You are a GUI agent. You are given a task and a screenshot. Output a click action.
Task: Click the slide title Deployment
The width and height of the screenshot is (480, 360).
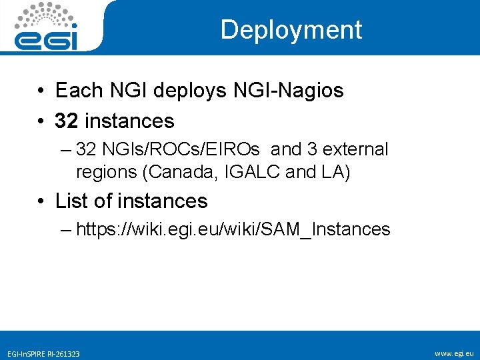(x=291, y=29)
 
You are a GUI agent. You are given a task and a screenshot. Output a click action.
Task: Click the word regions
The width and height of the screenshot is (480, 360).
(x=107, y=171)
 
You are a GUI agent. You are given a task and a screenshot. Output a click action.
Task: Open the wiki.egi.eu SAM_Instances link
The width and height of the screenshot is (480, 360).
(x=233, y=229)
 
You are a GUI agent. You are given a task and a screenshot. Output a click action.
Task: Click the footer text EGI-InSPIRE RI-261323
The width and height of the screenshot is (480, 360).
(x=43, y=353)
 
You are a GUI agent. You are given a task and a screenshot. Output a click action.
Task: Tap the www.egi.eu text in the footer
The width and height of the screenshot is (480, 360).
(x=454, y=353)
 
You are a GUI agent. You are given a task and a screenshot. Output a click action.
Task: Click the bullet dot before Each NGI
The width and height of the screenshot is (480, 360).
(x=41, y=91)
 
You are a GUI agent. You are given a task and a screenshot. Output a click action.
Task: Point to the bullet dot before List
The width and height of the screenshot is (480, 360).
(x=41, y=201)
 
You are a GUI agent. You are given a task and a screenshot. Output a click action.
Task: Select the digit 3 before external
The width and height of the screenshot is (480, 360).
(x=312, y=149)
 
